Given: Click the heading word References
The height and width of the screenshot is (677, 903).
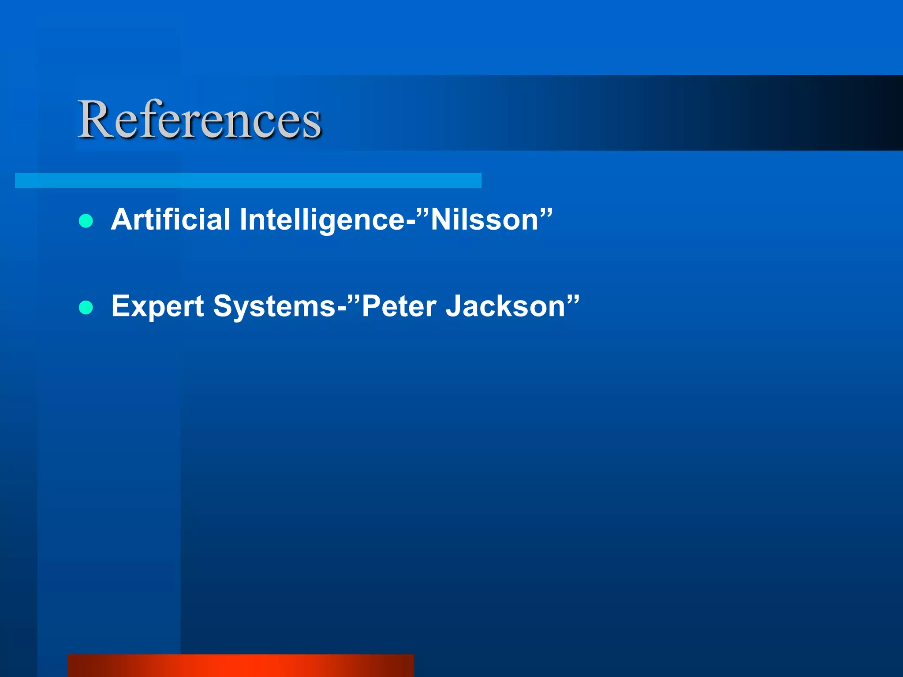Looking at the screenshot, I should click(x=199, y=120).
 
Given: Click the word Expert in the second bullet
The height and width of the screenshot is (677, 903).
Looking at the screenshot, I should click(x=157, y=306).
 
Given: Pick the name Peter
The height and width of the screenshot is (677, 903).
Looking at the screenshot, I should click(x=399, y=306).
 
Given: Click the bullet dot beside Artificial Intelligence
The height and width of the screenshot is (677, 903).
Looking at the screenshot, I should click(x=86, y=221).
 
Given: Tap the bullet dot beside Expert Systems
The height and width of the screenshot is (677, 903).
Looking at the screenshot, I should click(x=86, y=307).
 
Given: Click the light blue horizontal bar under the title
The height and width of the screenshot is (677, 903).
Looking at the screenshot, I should click(x=248, y=180).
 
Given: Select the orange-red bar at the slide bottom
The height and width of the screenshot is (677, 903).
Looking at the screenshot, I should click(x=241, y=665).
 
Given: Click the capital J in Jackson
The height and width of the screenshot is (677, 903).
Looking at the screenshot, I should click(x=454, y=306).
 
